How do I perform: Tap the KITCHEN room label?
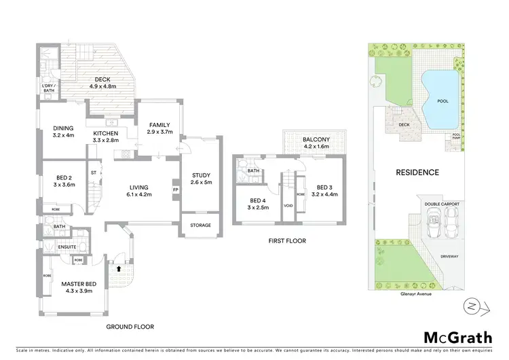105,133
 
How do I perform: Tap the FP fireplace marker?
175,190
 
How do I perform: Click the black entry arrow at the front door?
120,268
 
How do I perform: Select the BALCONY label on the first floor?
316,139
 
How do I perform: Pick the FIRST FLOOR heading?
287,240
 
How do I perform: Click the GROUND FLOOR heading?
130,327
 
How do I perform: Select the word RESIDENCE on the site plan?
417,173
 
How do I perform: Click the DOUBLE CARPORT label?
439,204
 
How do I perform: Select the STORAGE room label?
200,226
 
